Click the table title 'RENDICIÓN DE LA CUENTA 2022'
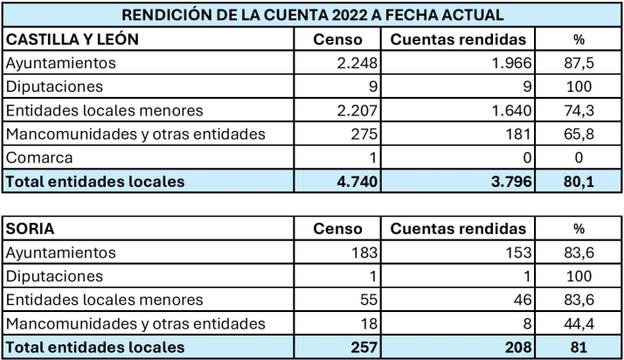(312, 15)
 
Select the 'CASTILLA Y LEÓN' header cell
(73, 39)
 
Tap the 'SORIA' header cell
(31, 229)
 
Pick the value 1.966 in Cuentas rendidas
(506, 64)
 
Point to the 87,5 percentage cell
(577, 64)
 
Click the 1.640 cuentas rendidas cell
(506, 111)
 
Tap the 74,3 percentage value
(577, 111)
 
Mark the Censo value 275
(362, 135)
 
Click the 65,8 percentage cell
(577, 135)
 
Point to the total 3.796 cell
(506, 183)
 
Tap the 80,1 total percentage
(577, 183)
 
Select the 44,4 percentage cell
(577, 324)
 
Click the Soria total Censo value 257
(362, 348)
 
